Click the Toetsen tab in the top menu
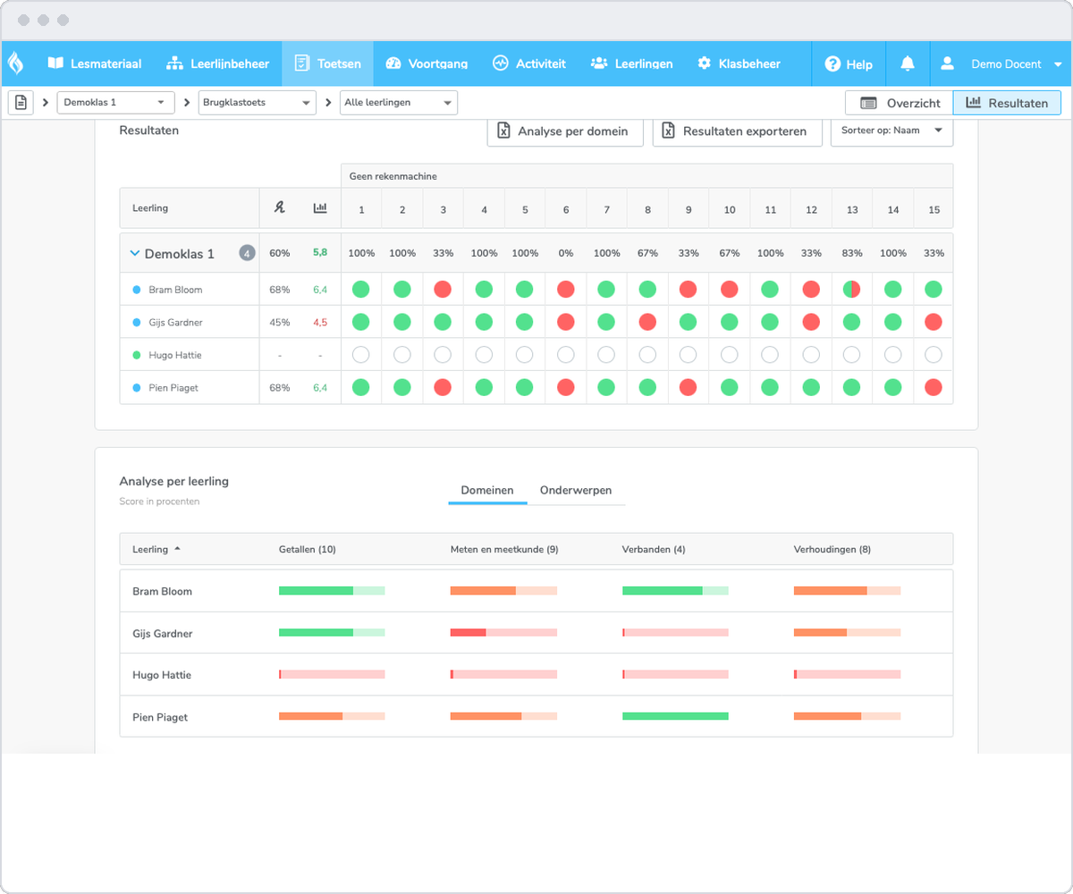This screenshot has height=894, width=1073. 327,63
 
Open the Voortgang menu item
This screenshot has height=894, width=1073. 427,63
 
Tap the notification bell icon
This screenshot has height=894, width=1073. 908,63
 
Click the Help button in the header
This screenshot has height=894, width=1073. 849,64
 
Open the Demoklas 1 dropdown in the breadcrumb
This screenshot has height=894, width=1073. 115,102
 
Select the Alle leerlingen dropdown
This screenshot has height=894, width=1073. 398,102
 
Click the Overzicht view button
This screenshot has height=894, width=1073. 900,103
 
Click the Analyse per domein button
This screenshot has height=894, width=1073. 565,131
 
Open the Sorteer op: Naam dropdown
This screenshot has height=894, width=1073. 891,131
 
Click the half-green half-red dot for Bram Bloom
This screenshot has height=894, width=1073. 851,290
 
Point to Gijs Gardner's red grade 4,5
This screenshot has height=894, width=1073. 320,322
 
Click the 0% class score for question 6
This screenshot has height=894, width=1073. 565,253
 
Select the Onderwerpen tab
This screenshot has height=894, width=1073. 576,490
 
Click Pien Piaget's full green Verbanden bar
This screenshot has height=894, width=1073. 675,716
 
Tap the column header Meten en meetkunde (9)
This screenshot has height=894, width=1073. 504,549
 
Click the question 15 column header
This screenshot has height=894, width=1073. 934,209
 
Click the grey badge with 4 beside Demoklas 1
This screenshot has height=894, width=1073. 247,253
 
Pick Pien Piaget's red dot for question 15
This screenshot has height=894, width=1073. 934,387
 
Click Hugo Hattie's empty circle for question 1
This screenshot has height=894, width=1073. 360,355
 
